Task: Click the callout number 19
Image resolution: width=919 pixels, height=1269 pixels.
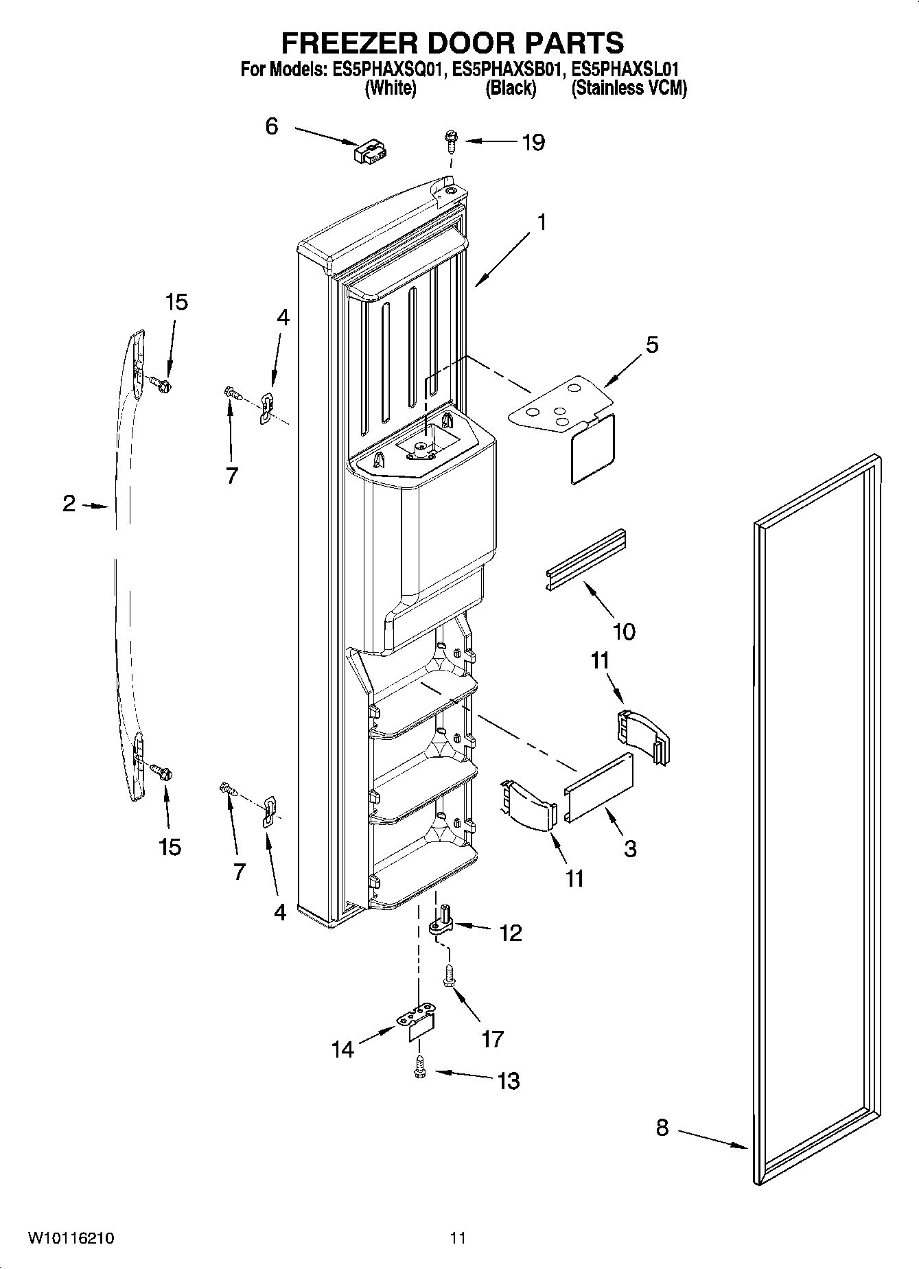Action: pyautogui.click(x=533, y=142)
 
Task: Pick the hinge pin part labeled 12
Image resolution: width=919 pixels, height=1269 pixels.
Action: pyautogui.click(x=441, y=922)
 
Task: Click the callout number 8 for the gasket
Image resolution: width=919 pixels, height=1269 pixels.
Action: pyautogui.click(x=662, y=1127)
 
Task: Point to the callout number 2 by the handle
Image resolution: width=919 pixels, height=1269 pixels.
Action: pyautogui.click(x=69, y=504)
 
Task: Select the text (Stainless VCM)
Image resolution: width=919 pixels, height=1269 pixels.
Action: pyautogui.click(x=629, y=89)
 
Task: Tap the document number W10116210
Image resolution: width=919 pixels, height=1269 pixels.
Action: pyautogui.click(x=71, y=1238)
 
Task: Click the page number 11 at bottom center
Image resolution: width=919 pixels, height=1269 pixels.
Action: pyautogui.click(x=458, y=1238)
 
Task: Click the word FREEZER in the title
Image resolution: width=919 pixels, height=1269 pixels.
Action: pyautogui.click(x=349, y=43)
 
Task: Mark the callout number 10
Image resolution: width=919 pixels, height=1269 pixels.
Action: pyautogui.click(x=623, y=631)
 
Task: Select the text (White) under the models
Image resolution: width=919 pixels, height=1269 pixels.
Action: pyautogui.click(x=390, y=89)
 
